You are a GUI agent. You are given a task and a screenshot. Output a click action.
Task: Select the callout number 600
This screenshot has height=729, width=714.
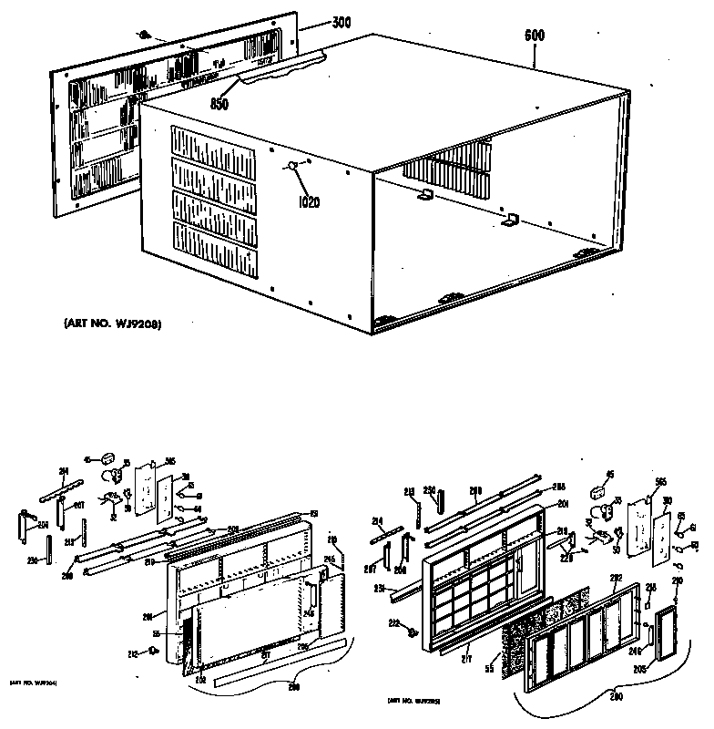point(535,37)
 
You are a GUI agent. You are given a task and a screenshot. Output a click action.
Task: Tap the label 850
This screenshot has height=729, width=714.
point(219,104)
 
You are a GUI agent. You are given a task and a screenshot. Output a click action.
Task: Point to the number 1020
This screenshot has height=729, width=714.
point(310,202)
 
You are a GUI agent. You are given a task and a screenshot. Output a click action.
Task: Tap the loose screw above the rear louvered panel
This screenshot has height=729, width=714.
point(144,34)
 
